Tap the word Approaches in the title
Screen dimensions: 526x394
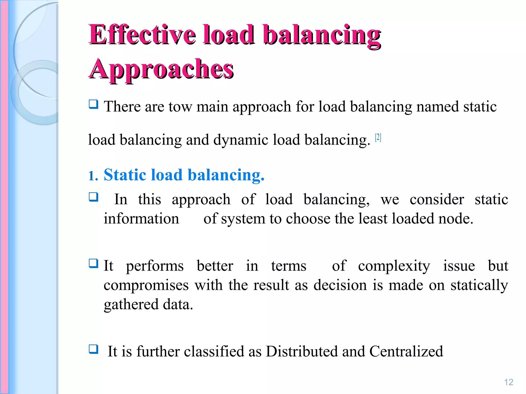(x=161, y=69)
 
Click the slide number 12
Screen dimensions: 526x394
(x=509, y=382)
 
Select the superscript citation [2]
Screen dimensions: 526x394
(x=378, y=138)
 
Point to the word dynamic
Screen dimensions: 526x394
(x=241, y=140)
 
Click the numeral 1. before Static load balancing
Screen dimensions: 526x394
(x=93, y=176)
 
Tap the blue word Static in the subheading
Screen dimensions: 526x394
(x=125, y=175)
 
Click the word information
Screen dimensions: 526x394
(x=141, y=219)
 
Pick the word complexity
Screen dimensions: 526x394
(x=394, y=266)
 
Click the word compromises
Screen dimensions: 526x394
(x=146, y=285)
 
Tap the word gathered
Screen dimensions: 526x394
(x=131, y=305)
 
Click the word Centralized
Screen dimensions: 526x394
(x=406, y=351)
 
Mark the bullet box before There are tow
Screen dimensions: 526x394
(x=93, y=104)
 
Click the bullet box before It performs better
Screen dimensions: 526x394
(x=93, y=263)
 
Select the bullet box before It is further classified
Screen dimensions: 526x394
(x=93, y=349)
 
